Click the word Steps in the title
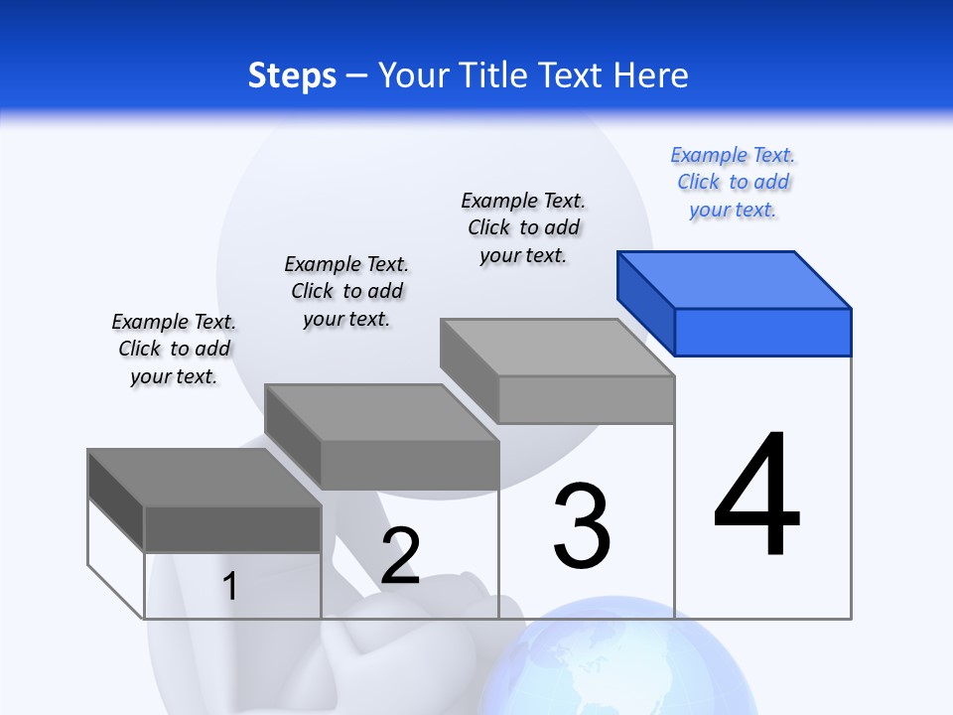click(x=292, y=75)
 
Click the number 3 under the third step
click(x=582, y=526)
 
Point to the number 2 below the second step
click(x=400, y=556)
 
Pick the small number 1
click(x=229, y=586)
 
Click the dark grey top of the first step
click(x=204, y=478)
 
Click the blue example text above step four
click(x=733, y=183)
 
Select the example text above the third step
click(x=523, y=228)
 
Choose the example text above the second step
click(x=346, y=292)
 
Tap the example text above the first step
click(x=174, y=350)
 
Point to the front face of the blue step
click(x=762, y=332)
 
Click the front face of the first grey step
click(x=232, y=528)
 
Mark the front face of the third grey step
click(x=586, y=399)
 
